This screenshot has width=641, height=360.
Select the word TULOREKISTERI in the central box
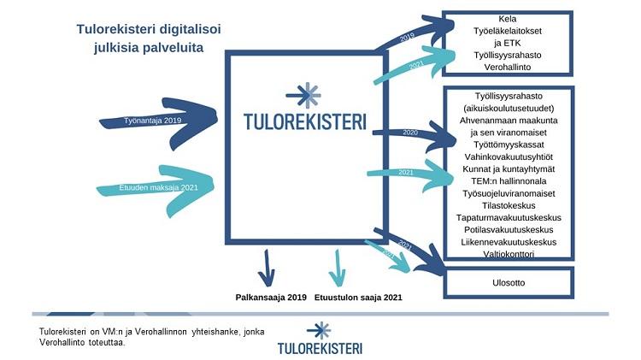(304, 121)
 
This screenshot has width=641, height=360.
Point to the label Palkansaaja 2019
(271, 298)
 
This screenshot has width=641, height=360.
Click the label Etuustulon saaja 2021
(360, 298)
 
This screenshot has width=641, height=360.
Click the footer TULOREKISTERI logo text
(320, 348)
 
